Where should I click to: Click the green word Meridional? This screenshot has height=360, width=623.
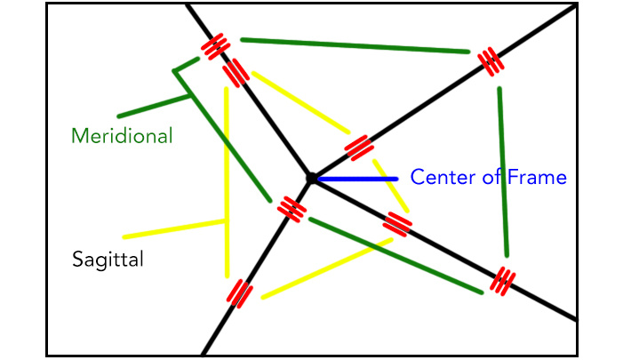122,136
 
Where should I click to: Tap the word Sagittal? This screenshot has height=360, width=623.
108,260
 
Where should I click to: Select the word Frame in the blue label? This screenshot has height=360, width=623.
537,178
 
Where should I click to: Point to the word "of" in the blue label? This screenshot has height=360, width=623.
490,178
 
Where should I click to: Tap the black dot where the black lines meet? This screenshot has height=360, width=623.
311,179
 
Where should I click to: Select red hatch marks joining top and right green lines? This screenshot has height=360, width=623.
490,61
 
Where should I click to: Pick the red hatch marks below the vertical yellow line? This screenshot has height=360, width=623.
239,292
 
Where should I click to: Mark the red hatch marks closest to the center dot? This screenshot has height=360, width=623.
290,207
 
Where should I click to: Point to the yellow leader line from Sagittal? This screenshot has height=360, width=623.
174,228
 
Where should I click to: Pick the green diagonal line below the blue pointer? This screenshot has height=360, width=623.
395,255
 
